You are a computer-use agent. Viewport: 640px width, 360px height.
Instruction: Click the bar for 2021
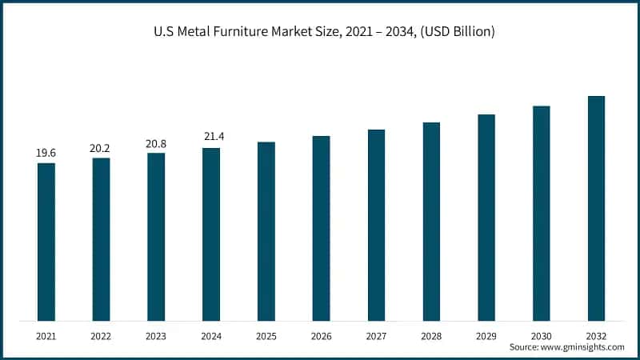(46, 242)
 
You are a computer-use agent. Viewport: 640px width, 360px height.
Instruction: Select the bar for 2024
(211, 234)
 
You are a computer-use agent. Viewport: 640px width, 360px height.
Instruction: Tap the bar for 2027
(376, 225)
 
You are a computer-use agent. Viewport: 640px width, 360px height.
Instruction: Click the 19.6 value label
(46, 152)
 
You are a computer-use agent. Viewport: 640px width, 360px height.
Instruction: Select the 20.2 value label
(101, 147)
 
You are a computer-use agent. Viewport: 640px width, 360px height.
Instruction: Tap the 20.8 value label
(156, 142)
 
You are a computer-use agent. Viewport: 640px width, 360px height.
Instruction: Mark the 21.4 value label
(211, 137)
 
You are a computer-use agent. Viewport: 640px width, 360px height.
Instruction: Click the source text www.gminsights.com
(582, 347)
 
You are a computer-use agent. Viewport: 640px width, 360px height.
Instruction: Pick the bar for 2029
(486, 218)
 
